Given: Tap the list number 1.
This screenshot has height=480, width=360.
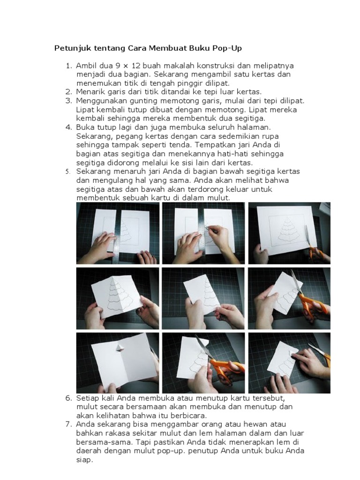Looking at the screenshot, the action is coord(69,66).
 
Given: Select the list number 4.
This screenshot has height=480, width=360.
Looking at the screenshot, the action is coord(68,127).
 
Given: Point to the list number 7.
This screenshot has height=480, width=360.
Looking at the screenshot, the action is coord(68,424).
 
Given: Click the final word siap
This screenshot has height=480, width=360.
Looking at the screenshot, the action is coord(84,460).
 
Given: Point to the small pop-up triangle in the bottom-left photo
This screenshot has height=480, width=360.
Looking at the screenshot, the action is coord(120,346).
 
